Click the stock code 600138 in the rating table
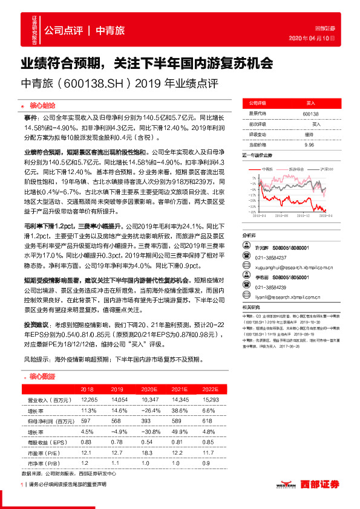pos(310,113)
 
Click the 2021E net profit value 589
pos(177,420)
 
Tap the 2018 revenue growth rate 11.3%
pos(88,410)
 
